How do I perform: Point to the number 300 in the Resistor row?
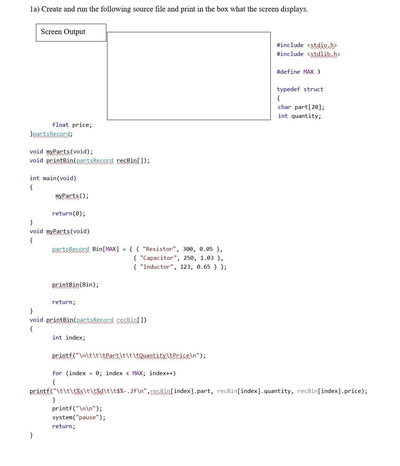click(188, 249)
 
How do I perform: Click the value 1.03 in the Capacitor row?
click(207, 258)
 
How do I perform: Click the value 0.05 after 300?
click(206, 249)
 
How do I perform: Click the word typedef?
click(289, 89)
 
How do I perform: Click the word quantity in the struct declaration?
click(306, 116)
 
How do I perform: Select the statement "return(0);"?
click(69, 214)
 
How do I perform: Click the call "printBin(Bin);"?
click(75, 285)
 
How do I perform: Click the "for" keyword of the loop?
click(57, 373)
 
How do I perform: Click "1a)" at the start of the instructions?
click(34, 9)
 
